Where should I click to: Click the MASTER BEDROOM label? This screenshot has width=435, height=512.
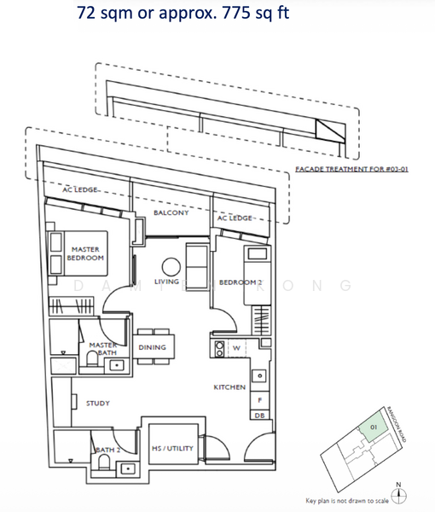click(x=85, y=253)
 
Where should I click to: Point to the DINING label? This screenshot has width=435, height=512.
click(x=152, y=347)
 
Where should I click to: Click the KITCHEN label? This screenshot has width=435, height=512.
click(x=229, y=387)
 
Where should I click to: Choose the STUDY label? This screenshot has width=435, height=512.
click(x=96, y=403)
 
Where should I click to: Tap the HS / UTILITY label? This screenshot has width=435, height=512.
click(x=173, y=448)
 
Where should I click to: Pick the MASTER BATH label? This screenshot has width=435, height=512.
click(x=103, y=348)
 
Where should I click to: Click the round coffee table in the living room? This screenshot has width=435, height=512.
click(x=171, y=265)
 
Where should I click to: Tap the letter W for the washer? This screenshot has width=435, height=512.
click(x=236, y=347)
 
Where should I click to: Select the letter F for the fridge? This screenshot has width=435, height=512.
click(x=259, y=399)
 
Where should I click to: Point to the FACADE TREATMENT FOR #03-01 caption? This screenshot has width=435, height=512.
click(x=352, y=170)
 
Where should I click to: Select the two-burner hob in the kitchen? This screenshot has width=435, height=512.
click(x=217, y=348)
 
